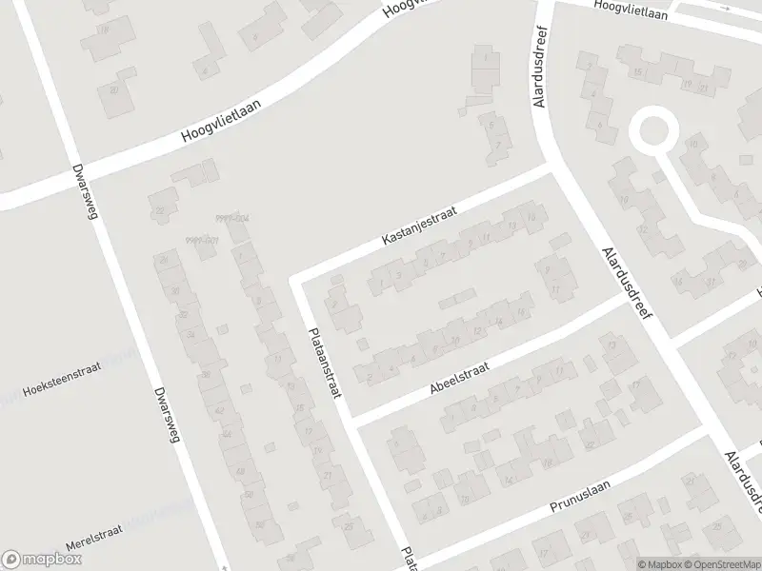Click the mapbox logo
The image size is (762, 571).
coord(39,560)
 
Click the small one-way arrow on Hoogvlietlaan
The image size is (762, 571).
coord(727,8)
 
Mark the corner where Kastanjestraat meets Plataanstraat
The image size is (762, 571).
coord(295,281)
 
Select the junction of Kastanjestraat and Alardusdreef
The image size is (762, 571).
coord(551,169)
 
